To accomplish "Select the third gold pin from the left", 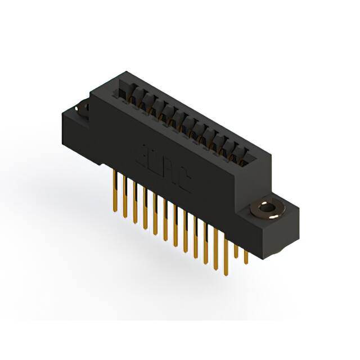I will click(x=135, y=202).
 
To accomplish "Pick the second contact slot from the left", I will click(x=135, y=99).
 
